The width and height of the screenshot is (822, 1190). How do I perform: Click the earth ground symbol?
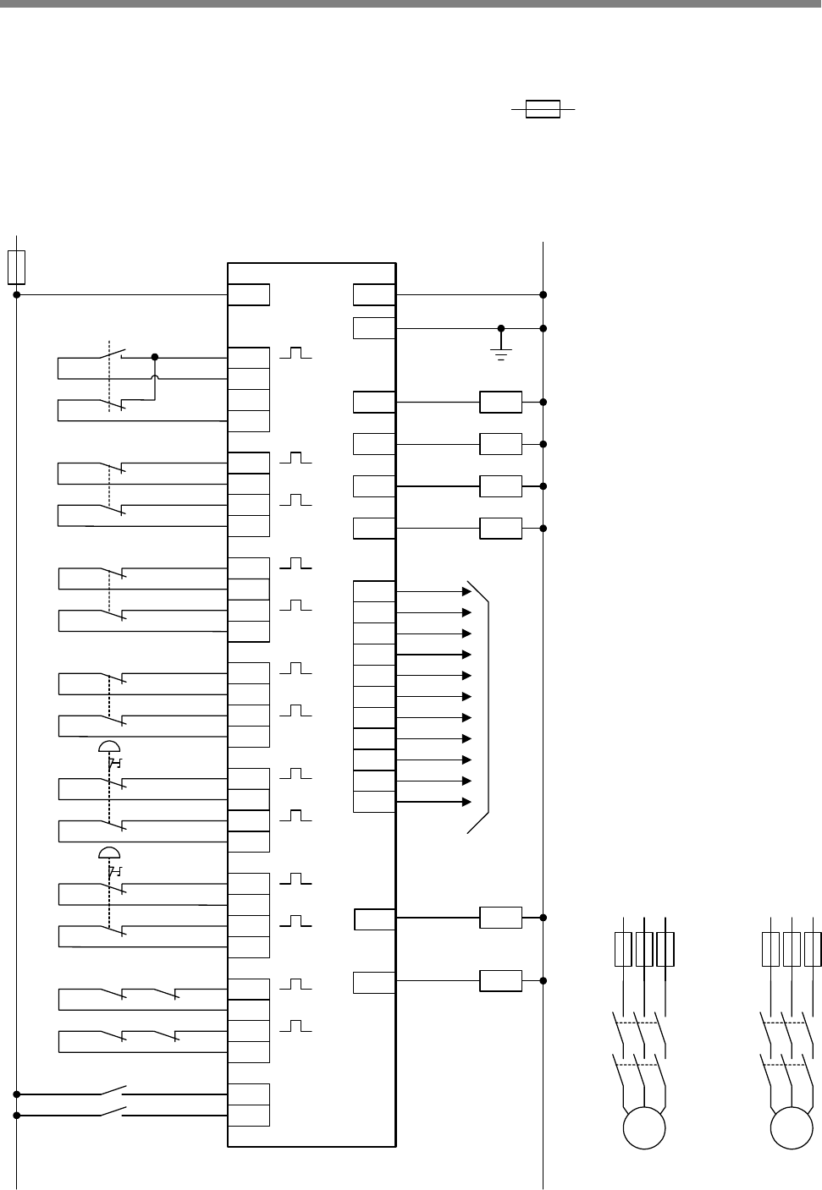click(x=501, y=352)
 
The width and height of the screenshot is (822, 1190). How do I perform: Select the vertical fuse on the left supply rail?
click(x=16, y=266)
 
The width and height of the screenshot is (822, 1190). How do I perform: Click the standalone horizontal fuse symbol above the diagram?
click(x=543, y=109)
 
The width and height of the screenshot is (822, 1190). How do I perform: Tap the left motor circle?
click(x=643, y=1129)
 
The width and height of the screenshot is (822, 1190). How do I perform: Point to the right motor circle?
click(x=792, y=1129)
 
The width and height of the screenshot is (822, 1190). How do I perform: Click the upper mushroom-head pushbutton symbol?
click(x=109, y=745)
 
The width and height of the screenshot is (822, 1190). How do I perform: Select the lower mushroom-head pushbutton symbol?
click(x=109, y=851)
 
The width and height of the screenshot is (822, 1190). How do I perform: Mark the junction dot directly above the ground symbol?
click(x=501, y=328)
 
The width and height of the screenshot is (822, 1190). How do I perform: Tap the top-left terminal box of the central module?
click(x=249, y=294)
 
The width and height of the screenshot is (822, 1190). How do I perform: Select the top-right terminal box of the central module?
click(x=374, y=294)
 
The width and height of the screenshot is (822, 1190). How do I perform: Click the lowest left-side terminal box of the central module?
click(x=249, y=1116)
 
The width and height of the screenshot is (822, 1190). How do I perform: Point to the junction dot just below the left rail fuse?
click(x=16, y=294)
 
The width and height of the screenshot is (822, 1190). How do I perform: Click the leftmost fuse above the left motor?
click(x=623, y=949)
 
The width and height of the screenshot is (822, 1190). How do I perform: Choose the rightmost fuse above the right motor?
click(x=813, y=949)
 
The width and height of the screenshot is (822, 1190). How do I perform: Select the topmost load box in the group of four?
click(x=500, y=402)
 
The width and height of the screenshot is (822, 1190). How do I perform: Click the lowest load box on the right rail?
click(x=500, y=981)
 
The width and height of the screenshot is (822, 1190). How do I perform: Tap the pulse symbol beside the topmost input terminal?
click(x=295, y=353)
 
